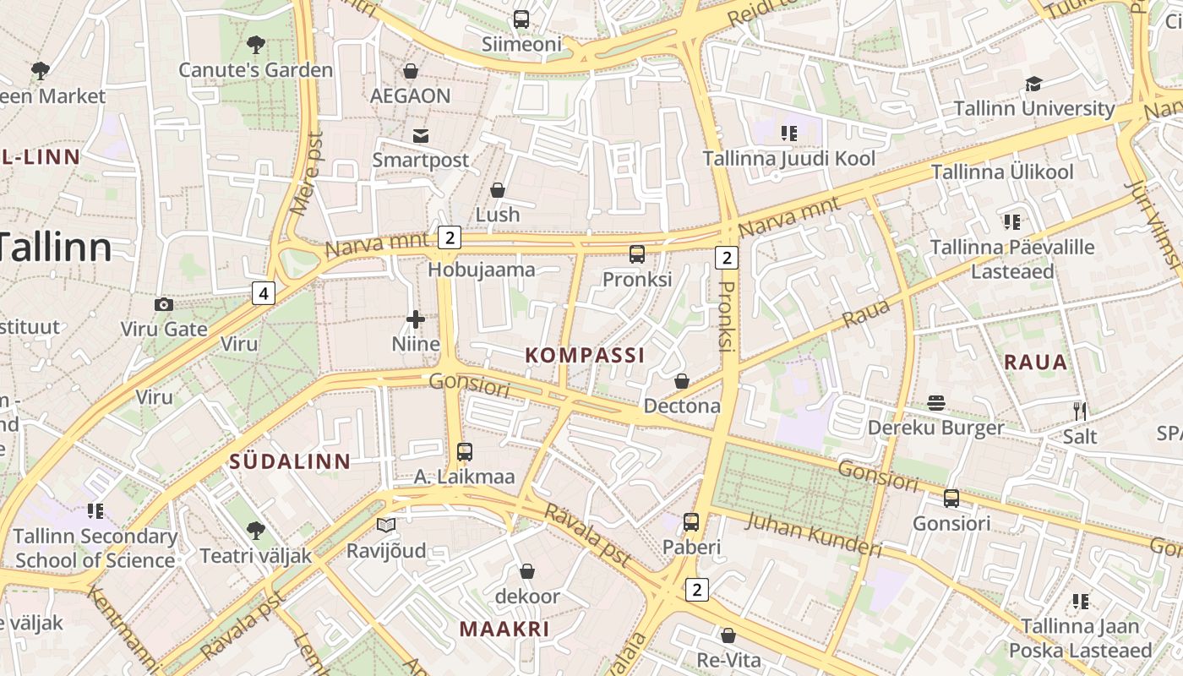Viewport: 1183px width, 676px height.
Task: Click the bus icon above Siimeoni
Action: click(521, 19)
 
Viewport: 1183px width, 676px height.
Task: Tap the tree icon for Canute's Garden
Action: click(255, 44)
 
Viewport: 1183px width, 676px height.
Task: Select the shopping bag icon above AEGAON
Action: click(411, 71)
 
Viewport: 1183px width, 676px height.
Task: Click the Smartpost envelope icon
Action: click(420, 135)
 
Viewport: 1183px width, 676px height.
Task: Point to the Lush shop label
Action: click(498, 215)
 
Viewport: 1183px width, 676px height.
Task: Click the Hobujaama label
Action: click(482, 270)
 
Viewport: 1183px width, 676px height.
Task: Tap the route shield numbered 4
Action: click(264, 293)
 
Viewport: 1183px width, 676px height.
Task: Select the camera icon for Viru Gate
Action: click(164, 304)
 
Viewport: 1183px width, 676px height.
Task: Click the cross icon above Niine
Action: click(416, 319)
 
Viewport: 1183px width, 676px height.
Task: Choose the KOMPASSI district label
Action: click(585, 355)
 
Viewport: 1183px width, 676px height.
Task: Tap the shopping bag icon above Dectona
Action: click(682, 382)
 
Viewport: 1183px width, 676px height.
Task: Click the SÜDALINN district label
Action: click(290, 461)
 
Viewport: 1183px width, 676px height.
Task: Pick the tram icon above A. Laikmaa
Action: click(464, 452)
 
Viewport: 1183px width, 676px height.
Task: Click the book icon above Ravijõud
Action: click(386, 526)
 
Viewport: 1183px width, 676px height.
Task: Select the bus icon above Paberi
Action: click(691, 522)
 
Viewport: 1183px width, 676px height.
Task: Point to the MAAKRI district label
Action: click(504, 629)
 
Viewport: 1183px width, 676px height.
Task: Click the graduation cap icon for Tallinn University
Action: click(1033, 84)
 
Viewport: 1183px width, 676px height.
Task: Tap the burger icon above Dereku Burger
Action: click(935, 403)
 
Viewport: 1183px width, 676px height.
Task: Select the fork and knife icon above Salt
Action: click(1079, 412)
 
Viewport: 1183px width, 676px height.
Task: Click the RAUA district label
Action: click(1036, 363)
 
